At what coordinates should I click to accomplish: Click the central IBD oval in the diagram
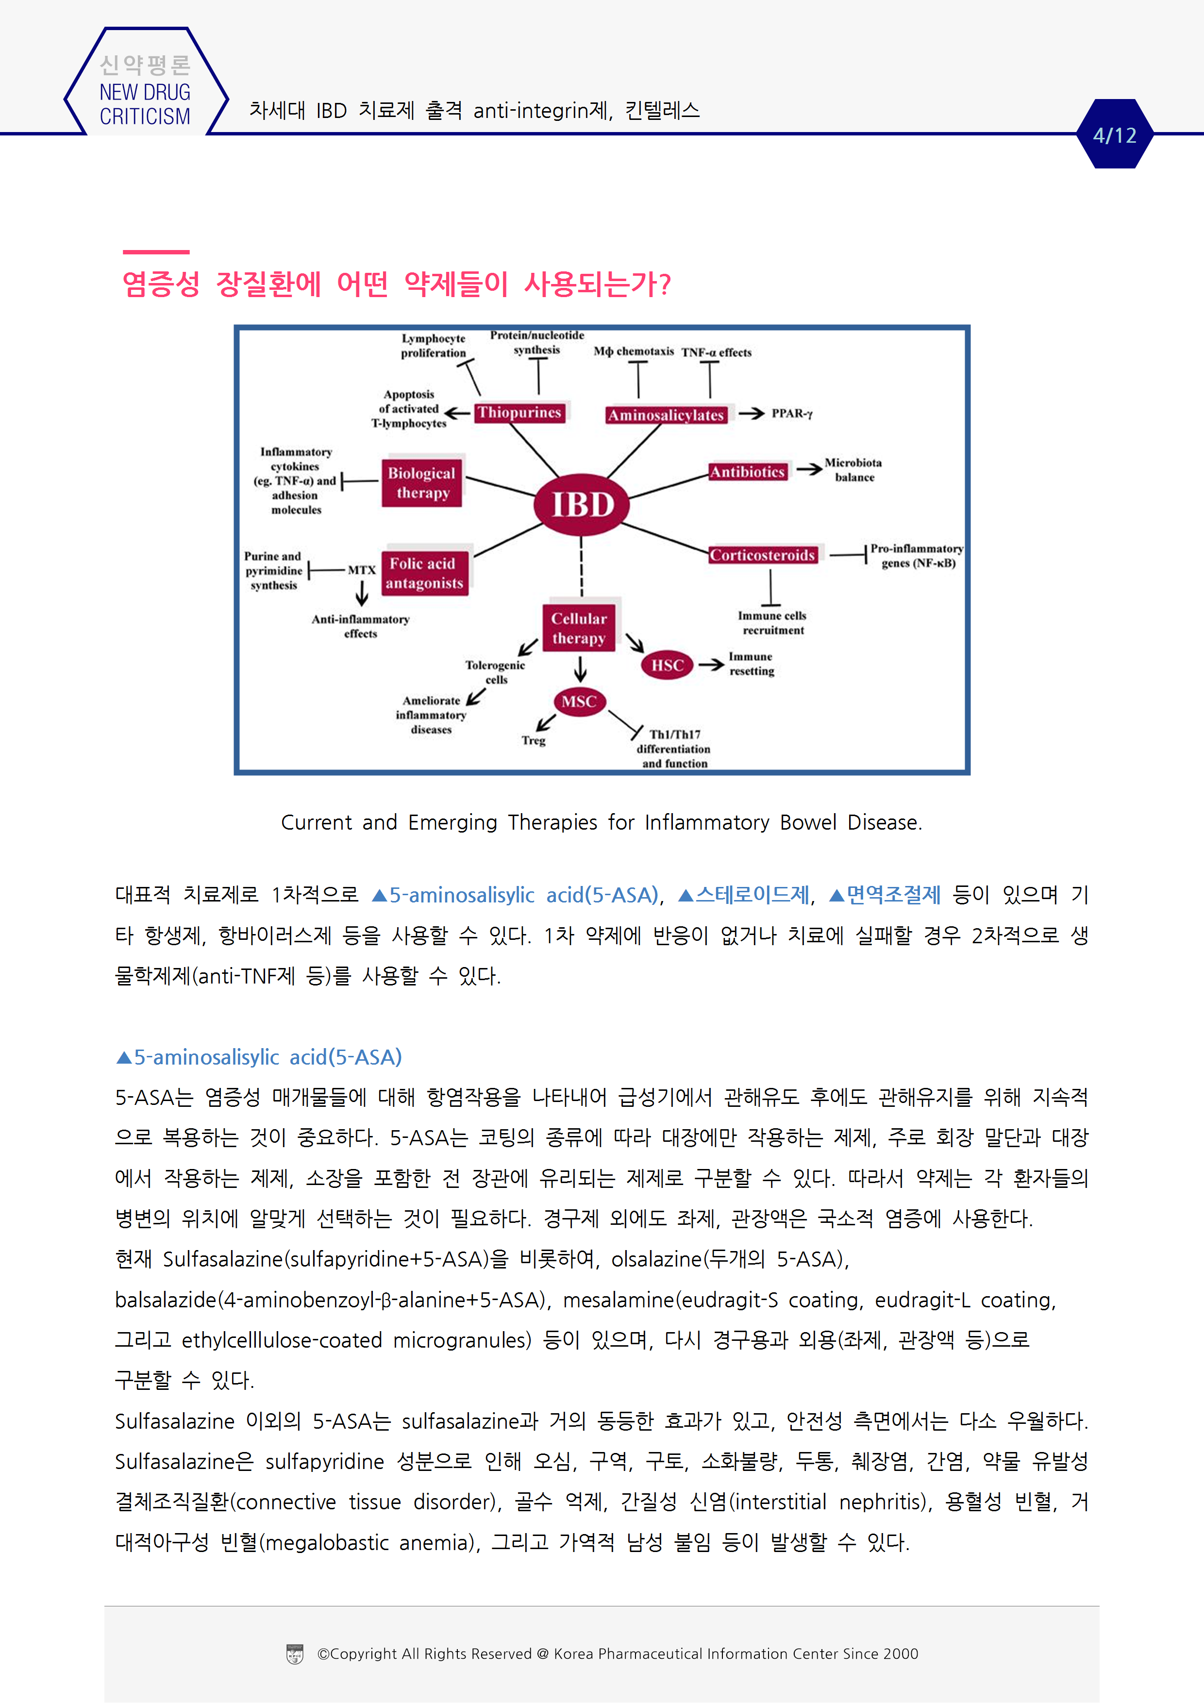(582, 504)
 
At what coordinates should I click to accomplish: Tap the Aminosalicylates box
(666, 415)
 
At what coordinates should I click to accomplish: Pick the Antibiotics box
(747, 472)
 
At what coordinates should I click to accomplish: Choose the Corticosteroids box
(763, 555)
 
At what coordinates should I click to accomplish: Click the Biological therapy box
(422, 483)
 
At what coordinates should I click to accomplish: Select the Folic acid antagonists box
(424, 573)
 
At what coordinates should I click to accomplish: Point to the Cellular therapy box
(579, 628)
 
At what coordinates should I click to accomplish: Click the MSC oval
(579, 701)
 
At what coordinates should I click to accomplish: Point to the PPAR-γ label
(791, 413)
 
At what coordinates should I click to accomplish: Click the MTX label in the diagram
(362, 569)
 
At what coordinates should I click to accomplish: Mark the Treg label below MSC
(534, 740)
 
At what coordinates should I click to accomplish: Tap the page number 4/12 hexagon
(1114, 135)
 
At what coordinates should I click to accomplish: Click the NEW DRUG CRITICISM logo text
(145, 104)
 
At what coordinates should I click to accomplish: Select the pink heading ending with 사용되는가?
(396, 284)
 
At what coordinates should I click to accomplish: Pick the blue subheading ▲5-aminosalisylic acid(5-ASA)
(259, 1057)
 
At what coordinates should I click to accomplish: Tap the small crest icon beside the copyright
(295, 1653)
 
